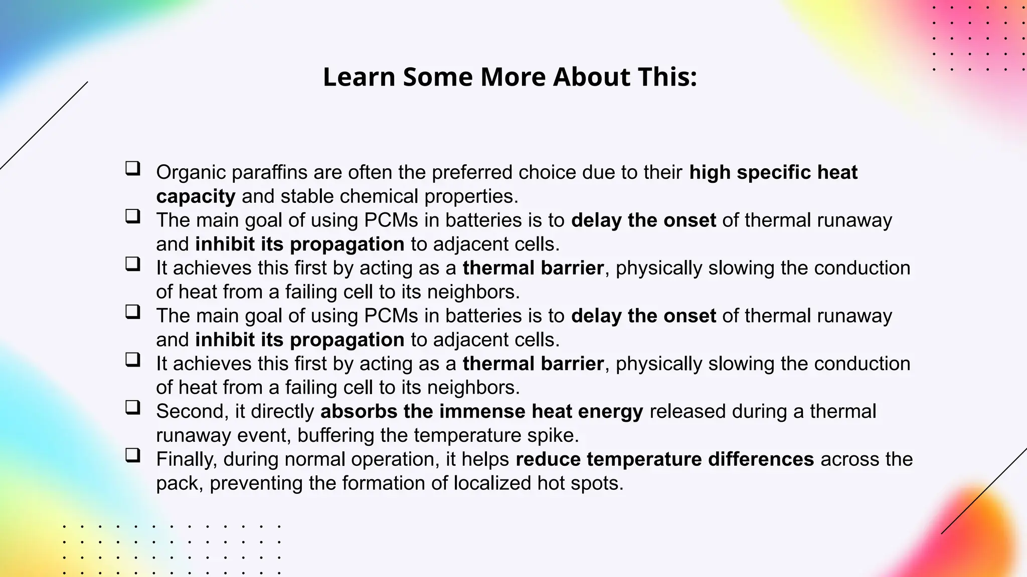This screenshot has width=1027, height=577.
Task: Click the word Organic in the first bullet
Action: (191, 172)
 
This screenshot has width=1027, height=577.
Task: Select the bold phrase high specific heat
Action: (773, 172)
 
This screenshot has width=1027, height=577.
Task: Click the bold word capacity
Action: (196, 196)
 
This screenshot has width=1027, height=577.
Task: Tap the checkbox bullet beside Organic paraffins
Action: (132, 168)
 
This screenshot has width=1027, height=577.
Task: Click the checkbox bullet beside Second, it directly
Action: (132, 407)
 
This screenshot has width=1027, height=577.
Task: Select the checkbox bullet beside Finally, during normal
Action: (132, 455)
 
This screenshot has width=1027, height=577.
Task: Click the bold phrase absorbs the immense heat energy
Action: (481, 411)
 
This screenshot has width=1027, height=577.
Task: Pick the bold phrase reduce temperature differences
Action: (664, 459)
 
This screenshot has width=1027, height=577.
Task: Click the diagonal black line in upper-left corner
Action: (44, 126)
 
